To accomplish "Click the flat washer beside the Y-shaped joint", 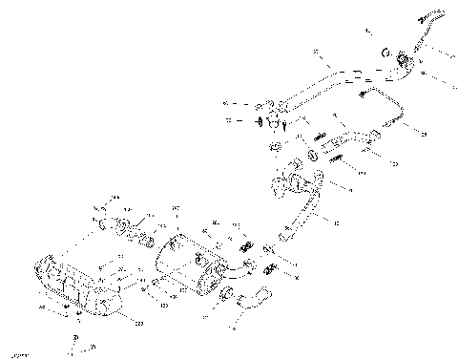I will point(260,121).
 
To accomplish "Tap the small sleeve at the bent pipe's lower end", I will point(283,232).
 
